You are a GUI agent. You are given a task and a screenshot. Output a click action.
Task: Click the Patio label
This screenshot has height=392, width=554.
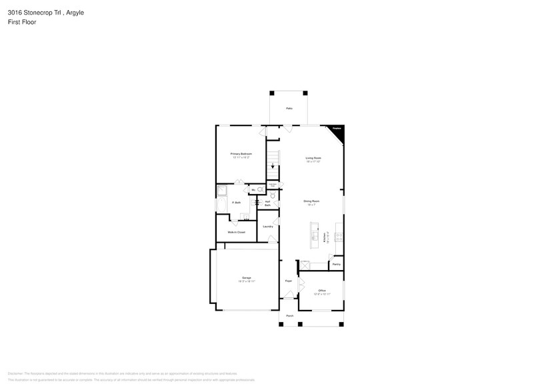tap(289, 108)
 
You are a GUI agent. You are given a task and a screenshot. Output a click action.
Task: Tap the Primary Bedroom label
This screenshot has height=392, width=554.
tap(241, 154)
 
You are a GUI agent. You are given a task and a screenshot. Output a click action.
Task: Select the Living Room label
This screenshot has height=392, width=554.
tap(313, 158)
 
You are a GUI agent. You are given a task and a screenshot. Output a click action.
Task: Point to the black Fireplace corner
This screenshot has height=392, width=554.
tap(338, 132)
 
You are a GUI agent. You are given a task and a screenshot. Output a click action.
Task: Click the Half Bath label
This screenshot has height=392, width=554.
tap(267, 203)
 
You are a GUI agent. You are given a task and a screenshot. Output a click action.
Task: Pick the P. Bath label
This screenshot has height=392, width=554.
tap(236, 203)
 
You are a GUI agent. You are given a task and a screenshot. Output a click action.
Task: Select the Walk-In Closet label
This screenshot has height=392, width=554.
tap(236, 232)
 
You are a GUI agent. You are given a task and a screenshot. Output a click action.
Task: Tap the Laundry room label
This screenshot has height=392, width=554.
tap(268, 227)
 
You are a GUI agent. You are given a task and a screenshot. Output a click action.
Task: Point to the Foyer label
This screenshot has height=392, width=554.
tap(289, 281)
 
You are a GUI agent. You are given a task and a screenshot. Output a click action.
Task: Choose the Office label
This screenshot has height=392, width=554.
tap(321, 291)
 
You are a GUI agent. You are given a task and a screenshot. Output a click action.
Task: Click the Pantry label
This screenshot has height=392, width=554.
tap(336, 265)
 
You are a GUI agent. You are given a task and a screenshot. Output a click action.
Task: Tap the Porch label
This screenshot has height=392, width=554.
tap(289, 315)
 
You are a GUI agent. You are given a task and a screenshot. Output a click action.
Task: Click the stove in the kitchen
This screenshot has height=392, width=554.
tap(339, 235)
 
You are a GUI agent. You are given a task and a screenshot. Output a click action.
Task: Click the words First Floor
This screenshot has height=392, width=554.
tap(23, 22)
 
